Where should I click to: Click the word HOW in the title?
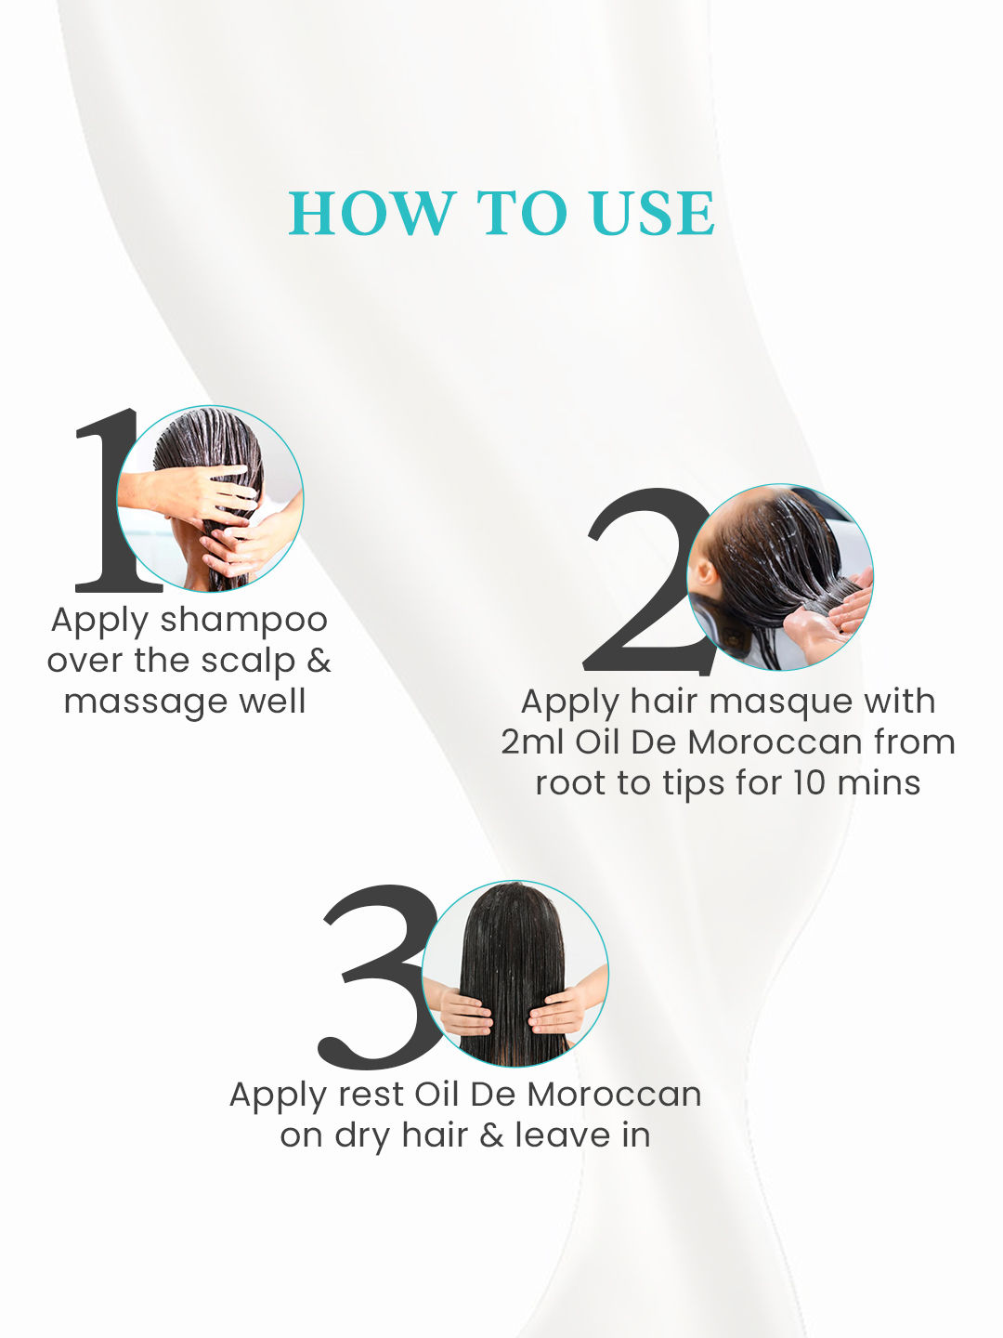[372, 213]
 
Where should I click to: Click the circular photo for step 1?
[210, 499]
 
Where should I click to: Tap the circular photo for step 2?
[780, 577]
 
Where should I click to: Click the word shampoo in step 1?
[244, 623]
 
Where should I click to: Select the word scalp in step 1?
[248, 662]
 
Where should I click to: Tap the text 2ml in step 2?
[533, 742]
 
